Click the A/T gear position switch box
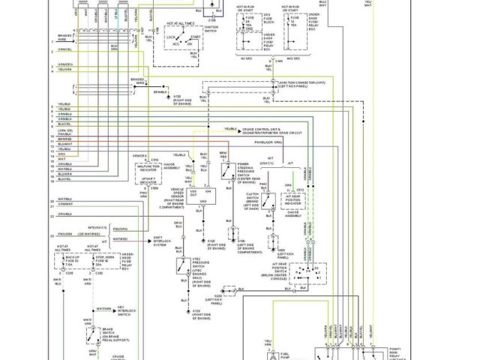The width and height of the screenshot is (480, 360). pyautogui.click(x=304, y=275)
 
